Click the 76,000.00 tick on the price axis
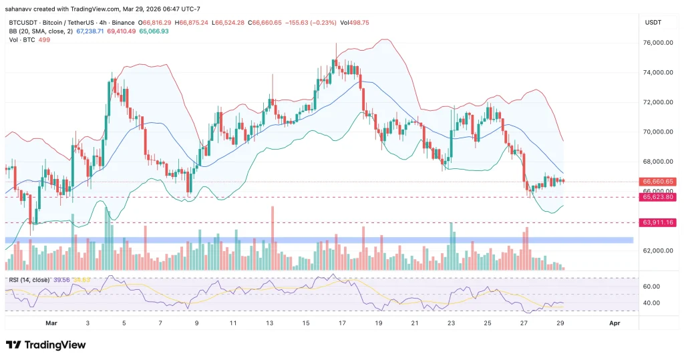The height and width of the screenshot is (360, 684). [656, 43]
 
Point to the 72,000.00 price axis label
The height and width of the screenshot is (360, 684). [656, 102]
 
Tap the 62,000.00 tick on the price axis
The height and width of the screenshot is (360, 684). [656, 251]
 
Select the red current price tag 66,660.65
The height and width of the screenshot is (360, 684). [658, 181]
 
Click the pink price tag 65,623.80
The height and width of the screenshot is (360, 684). [658, 198]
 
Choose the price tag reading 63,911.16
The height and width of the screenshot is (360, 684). [658, 222]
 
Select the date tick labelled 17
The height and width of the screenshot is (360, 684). [342, 323]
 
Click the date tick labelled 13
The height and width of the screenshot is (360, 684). [269, 323]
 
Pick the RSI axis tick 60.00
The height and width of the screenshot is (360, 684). [651, 287]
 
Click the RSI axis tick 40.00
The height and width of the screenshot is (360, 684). [651, 303]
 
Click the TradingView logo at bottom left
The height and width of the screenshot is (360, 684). [45, 345]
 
